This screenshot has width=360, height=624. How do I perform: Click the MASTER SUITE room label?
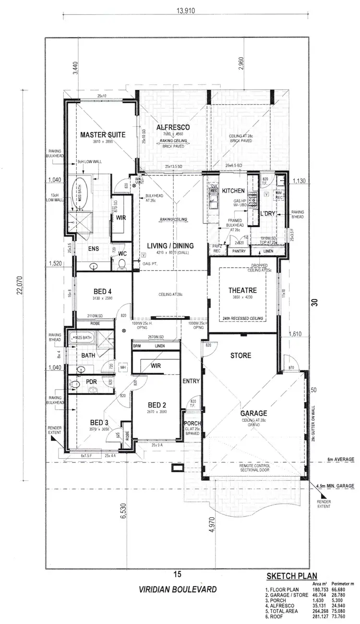pos(102,135)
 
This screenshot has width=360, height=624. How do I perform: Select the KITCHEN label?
pos(233,191)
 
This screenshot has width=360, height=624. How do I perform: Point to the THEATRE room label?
pos(242,291)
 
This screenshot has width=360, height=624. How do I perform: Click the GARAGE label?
pos(254,413)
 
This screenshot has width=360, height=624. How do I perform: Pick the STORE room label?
pos(240,356)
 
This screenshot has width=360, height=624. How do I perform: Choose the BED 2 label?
pos(157,404)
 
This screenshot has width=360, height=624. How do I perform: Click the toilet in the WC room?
pos(121,262)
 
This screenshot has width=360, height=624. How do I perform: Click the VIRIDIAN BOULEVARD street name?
pos(178,589)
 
